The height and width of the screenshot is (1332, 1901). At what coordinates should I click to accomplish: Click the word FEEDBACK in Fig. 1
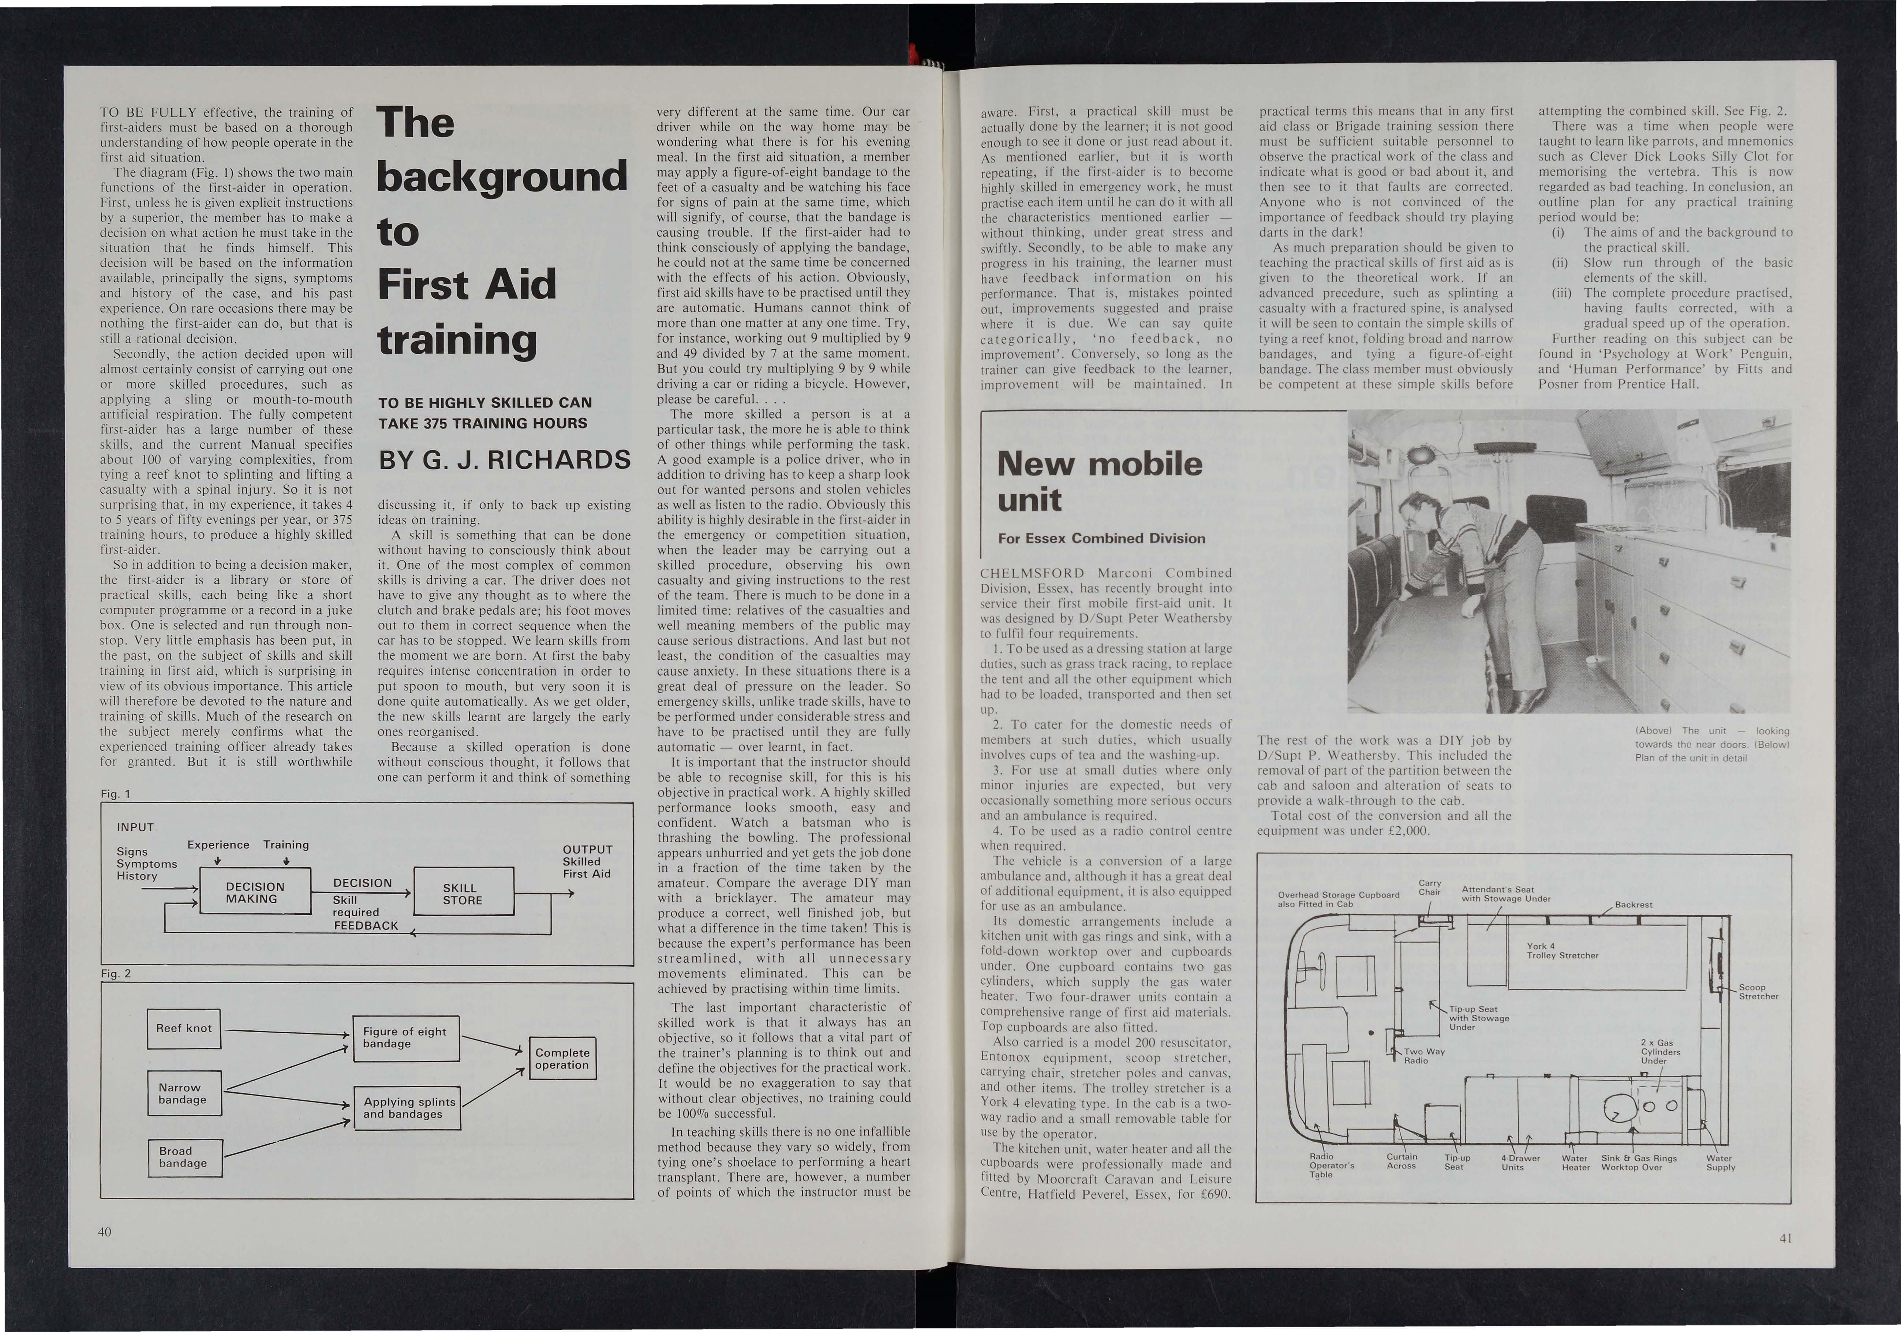[366, 925]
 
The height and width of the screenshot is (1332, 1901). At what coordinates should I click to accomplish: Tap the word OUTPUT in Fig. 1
[587, 849]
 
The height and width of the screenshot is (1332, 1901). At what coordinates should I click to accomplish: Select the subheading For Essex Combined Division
[1101, 538]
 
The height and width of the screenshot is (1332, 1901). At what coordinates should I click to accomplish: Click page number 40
[104, 1232]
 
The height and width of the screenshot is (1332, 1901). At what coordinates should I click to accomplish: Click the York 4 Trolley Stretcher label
[1561, 950]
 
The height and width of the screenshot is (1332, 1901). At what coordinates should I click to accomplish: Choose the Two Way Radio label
[1424, 1055]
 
